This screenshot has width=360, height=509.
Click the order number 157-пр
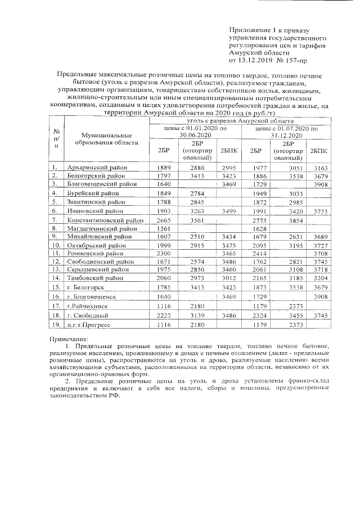tap(297, 58)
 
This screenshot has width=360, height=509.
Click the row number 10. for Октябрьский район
tap(56, 246)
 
